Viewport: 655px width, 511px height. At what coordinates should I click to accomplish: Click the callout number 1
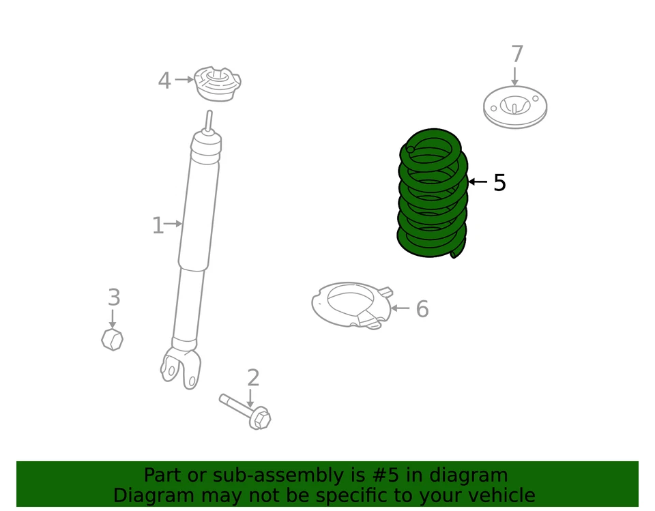click(x=157, y=225)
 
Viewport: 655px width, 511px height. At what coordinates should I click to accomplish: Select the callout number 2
click(x=253, y=378)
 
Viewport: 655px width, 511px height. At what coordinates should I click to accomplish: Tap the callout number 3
click(x=114, y=298)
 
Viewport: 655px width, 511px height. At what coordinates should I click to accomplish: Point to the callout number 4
click(x=164, y=81)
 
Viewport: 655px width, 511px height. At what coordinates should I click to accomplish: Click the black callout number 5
click(x=499, y=183)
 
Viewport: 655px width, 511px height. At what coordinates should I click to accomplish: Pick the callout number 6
click(x=422, y=309)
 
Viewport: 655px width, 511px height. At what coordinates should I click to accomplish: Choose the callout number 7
click(x=516, y=55)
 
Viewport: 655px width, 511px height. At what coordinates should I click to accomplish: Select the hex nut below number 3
click(x=112, y=339)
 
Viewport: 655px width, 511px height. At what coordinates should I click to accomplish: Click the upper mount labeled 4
click(x=217, y=83)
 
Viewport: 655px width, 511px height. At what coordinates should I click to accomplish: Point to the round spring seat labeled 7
click(x=515, y=107)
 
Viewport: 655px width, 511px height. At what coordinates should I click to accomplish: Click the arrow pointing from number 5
click(x=478, y=182)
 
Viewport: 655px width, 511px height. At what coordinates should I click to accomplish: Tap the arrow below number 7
click(x=515, y=76)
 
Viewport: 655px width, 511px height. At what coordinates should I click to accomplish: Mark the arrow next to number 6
click(x=400, y=308)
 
